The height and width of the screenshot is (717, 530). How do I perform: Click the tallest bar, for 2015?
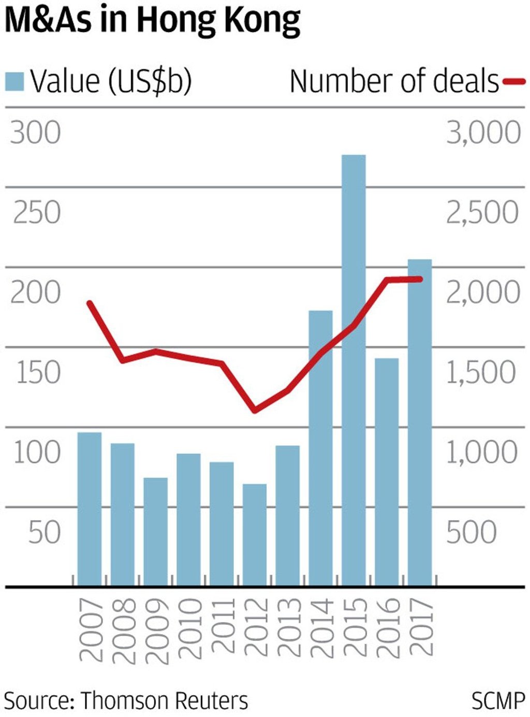[x=354, y=370]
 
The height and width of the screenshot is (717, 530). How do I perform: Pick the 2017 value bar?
[x=420, y=422]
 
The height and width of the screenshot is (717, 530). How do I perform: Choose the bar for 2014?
[x=320, y=448]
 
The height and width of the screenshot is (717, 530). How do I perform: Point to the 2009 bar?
[x=155, y=532]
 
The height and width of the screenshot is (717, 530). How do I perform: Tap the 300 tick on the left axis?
[x=35, y=133]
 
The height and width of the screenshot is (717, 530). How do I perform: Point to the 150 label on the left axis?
[x=38, y=372]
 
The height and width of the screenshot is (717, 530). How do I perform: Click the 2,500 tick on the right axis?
[x=482, y=212]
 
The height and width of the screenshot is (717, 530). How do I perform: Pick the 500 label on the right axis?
[x=471, y=532]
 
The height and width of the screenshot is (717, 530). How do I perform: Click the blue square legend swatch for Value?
[x=14, y=82]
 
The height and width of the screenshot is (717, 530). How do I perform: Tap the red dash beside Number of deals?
[x=514, y=81]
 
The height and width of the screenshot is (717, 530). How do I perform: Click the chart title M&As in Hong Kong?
[x=152, y=21]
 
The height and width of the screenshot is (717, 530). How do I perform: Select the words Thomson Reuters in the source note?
[x=165, y=700]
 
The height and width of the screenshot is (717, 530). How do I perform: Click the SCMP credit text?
[x=497, y=700]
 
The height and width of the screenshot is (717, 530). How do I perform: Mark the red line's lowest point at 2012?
[x=254, y=411]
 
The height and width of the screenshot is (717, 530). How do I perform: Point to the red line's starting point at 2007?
[x=90, y=303]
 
